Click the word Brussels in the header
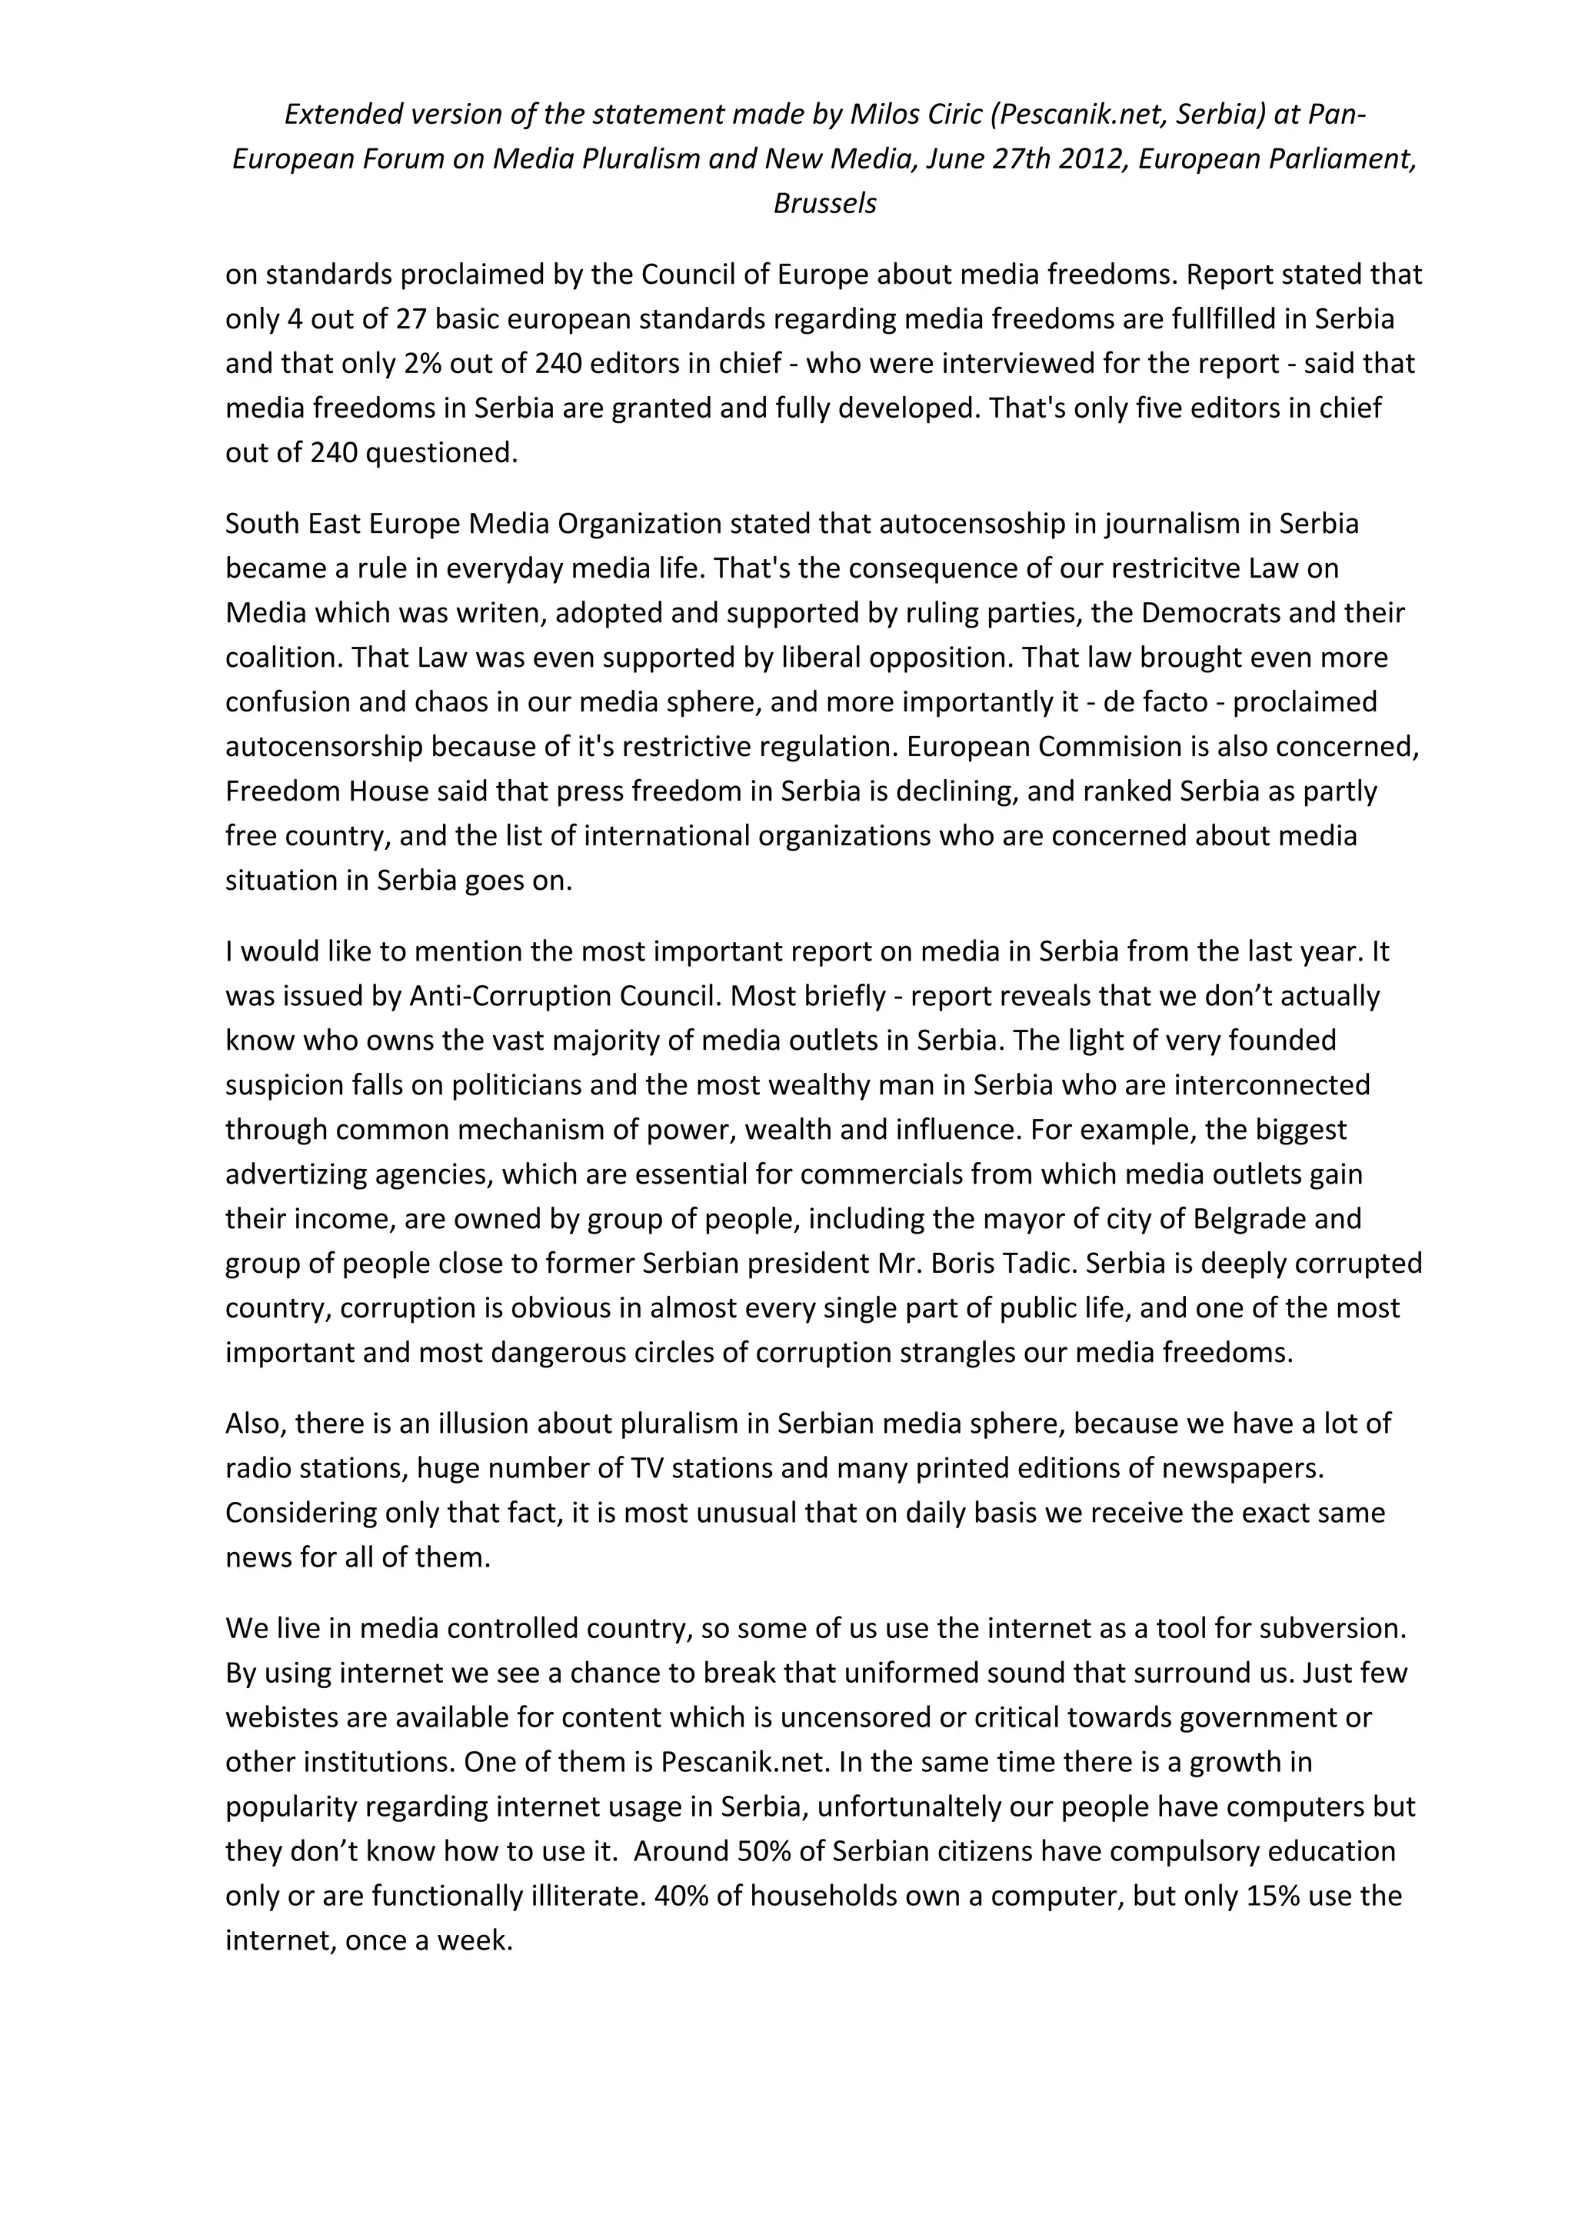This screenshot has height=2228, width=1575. point(825,204)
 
